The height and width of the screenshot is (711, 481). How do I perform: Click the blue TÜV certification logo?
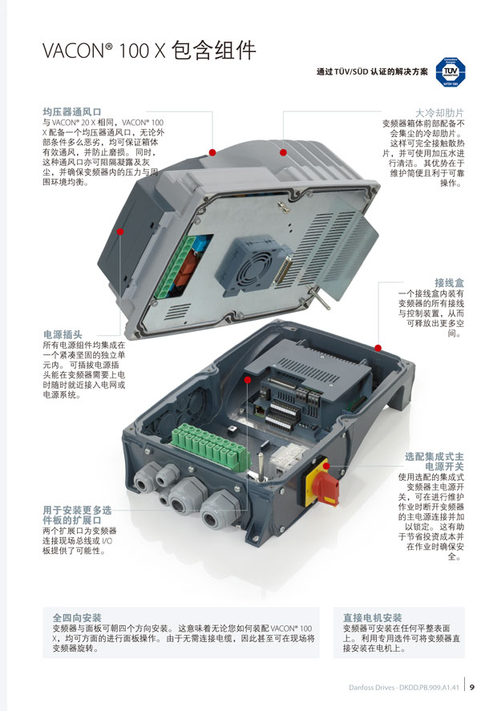tap(450, 71)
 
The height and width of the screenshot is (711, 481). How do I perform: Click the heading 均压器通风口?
tap(72, 111)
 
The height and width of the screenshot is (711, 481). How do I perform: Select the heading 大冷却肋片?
tap(440, 112)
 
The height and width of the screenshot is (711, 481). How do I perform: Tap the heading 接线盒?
tap(449, 283)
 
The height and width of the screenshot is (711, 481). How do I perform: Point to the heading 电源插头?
tap(63, 334)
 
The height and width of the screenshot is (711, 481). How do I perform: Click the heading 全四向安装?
tap(77, 617)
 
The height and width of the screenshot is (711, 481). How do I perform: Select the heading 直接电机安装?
tap(372, 617)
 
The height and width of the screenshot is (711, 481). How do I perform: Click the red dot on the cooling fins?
tap(283, 152)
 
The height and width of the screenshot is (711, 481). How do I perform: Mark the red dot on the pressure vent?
tap(212, 152)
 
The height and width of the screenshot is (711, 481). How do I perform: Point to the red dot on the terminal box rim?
tap(378, 348)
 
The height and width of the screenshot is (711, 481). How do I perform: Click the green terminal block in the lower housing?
tap(210, 446)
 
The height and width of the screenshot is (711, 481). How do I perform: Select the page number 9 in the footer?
tap(472, 687)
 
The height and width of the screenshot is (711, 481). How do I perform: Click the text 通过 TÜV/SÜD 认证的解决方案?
tap(372, 71)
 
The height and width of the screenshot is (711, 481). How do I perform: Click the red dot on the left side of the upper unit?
tap(120, 232)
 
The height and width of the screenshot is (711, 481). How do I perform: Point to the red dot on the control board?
tap(248, 379)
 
